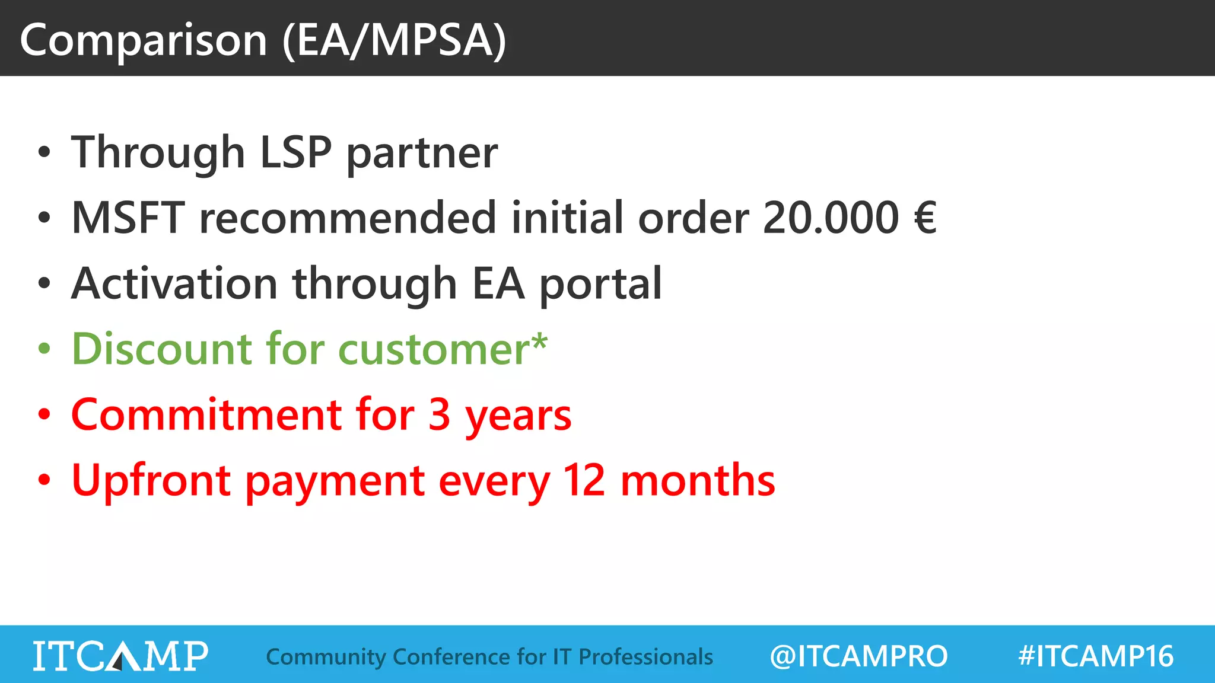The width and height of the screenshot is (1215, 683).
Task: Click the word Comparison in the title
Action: (144, 40)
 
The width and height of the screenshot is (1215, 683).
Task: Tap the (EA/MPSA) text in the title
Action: (395, 40)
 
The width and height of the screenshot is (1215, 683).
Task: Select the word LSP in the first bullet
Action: (295, 152)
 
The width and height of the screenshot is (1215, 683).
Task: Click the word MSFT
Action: (128, 218)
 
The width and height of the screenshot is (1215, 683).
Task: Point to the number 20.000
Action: (831, 218)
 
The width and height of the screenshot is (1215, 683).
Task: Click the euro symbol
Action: (925, 218)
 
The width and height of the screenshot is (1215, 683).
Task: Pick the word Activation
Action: (174, 283)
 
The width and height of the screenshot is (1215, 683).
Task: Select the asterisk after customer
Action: (539, 342)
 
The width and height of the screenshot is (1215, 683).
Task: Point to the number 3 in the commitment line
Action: (439, 414)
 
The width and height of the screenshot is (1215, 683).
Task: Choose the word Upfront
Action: (151, 480)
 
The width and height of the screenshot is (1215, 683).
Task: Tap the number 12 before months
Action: (584, 480)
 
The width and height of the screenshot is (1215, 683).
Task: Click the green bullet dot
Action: (44, 349)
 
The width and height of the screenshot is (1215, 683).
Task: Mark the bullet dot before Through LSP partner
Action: (44, 152)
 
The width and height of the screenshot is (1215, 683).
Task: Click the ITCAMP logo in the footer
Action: (120, 656)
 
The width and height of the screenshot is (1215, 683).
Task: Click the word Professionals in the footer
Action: (645, 657)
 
